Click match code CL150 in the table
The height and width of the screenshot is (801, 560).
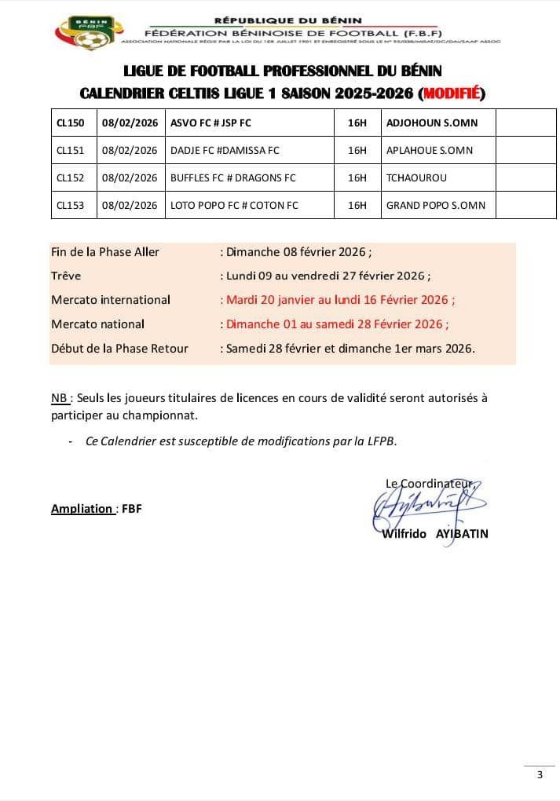coord(71,123)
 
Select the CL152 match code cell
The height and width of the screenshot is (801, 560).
coord(70,177)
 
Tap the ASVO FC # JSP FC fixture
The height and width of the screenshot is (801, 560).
coord(210,123)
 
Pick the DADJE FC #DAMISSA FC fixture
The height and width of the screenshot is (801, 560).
coord(225,150)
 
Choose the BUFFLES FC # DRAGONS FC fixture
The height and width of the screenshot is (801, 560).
coord(232,177)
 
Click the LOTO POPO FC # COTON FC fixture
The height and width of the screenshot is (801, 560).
coord(234,205)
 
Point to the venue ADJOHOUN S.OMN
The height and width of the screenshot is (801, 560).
coord(431,123)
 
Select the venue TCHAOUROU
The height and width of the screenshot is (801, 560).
coord(416,177)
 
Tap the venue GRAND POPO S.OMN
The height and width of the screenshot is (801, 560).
coord(435,205)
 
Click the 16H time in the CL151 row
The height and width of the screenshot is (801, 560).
coord(357,150)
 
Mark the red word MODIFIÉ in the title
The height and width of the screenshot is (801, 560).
coord(452,94)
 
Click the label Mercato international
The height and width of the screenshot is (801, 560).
coord(111,299)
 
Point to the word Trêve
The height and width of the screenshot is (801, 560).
coord(66,276)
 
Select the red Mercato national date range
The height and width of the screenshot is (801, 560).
coord(337,324)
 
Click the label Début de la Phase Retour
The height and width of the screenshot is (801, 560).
coord(119,348)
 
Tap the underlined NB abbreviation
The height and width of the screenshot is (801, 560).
coord(59,397)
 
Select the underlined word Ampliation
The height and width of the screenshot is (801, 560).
coord(82,508)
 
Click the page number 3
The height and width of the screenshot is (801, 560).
coord(539,775)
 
